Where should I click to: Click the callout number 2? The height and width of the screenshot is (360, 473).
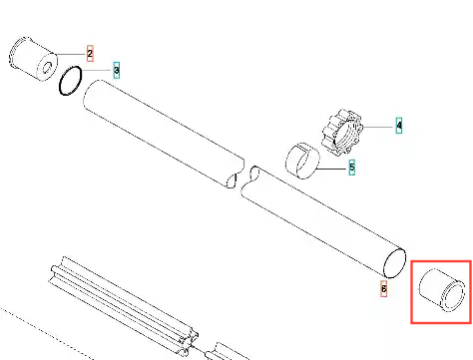90,54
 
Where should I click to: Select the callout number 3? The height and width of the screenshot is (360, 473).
116,70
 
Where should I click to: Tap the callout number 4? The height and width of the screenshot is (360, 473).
399,126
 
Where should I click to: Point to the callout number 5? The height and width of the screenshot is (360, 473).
352,167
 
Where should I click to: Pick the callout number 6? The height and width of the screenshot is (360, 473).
384,288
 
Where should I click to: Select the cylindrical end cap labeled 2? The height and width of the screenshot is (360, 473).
33,58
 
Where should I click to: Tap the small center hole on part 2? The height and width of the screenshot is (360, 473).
47,68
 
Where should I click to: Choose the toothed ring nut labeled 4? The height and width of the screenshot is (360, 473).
342,132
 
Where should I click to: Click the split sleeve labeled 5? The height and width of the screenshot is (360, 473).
302,161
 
